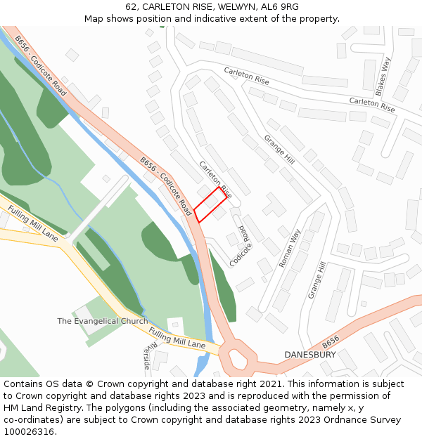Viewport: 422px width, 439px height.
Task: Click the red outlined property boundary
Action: [210, 204]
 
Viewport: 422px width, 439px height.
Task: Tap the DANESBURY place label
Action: [310, 355]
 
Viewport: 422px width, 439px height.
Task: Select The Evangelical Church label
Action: [103, 321]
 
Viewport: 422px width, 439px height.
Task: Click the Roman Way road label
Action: [289, 248]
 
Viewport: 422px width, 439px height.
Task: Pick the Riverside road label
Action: [147, 356]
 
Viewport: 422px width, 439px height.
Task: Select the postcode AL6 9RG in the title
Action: [277, 7]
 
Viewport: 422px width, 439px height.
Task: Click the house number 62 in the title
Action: [132, 7]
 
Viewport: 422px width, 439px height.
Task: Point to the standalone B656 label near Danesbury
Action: [331, 342]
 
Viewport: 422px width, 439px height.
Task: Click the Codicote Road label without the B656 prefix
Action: [240, 246]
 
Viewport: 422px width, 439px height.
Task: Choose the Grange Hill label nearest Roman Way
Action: [317, 280]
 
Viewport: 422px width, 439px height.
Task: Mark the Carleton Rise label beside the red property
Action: [215, 179]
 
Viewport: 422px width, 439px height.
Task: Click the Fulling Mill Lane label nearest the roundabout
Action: [177, 338]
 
